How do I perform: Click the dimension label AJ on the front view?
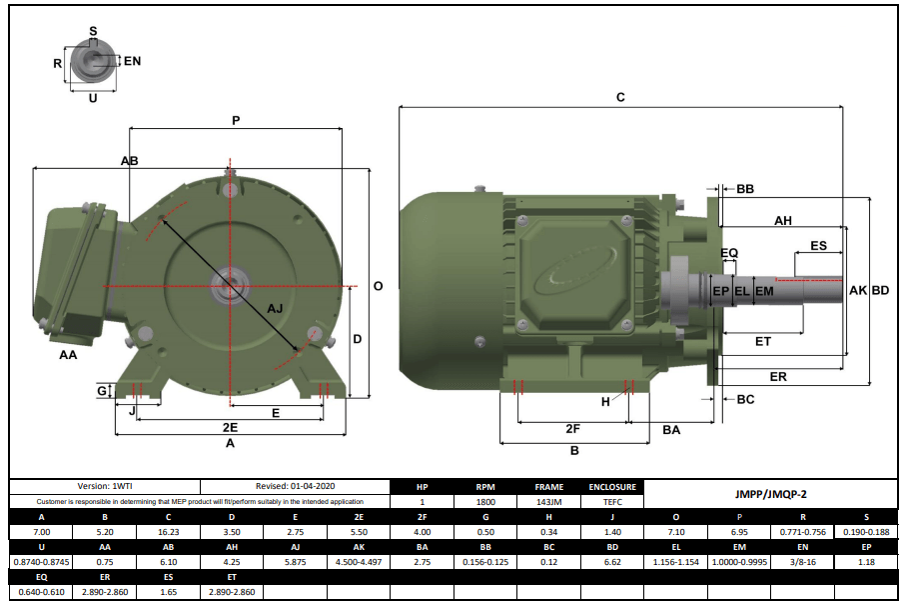(x=275, y=309)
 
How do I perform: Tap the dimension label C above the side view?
(x=620, y=97)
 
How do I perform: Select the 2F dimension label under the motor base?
(x=572, y=429)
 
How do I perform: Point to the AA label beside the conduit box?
(x=68, y=355)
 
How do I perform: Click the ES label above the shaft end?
(x=818, y=245)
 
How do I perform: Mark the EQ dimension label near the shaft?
(x=729, y=253)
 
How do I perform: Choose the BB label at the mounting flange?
(x=745, y=188)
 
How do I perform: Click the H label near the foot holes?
(x=605, y=401)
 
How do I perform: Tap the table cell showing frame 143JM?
(x=548, y=501)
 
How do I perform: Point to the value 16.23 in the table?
(x=168, y=532)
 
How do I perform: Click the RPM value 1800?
(x=484, y=501)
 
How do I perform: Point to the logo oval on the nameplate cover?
(x=572, y=273)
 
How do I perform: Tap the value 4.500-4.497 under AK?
(x=358, y=562)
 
